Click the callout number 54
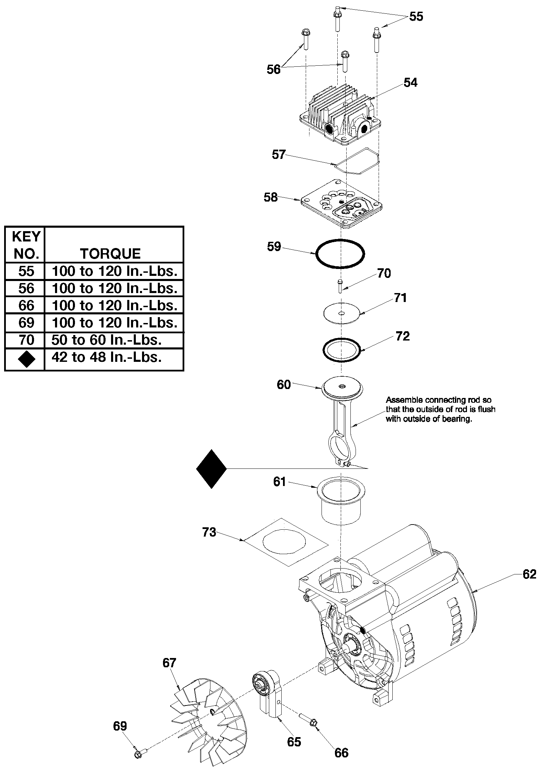click(410, 83)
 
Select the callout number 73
click(209, 532)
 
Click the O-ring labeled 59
click(316, 253)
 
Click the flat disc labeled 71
click(341, 313)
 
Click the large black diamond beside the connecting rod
click(211, 468)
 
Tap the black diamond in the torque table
click(26, 359)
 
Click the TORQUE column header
click(110, 253)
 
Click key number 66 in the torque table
click(26, 305)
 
